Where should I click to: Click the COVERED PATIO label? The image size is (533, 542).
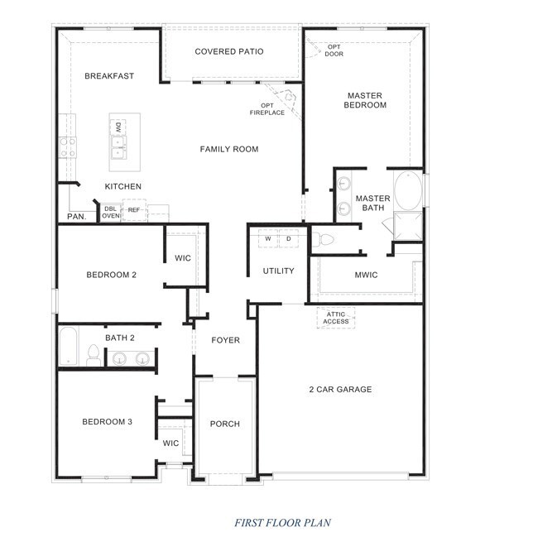click(x=228, y=51)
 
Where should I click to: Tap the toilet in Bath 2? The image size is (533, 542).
click(x=94, y=356)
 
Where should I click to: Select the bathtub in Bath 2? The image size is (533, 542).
click(x=69, y=346)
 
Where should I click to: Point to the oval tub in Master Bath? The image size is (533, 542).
click(x=408, y=190)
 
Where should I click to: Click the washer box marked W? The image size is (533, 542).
click(x=268, y=238)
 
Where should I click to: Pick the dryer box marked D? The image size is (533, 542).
click(x=289, y=238)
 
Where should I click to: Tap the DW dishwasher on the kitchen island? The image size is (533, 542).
click(x=118, y=127)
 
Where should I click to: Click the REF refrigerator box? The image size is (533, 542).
click(x=134, y=210)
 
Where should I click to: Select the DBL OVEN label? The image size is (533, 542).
click(x=111, y=212)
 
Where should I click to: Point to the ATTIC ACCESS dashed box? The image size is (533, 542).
click(x=336, y=318)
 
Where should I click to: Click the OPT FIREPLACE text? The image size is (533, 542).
click(x=267, y=109)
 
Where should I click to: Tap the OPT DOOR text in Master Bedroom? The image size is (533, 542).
click(x=334, y=50)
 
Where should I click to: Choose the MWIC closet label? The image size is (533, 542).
click(x=366, y=276)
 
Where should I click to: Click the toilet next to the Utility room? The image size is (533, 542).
click(x=323, y=239)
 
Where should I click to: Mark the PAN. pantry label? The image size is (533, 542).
click(x=77, y=217)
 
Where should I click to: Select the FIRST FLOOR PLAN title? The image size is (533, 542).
click(x=283, y=522)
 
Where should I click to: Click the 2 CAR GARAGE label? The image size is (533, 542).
click(x=340, y=390)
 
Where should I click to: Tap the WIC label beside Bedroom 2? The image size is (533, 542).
click(x=183, y=258)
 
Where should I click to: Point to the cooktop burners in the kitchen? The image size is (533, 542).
click(x=67, y=147)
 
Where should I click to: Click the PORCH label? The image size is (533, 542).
click(x=224, y=424)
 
